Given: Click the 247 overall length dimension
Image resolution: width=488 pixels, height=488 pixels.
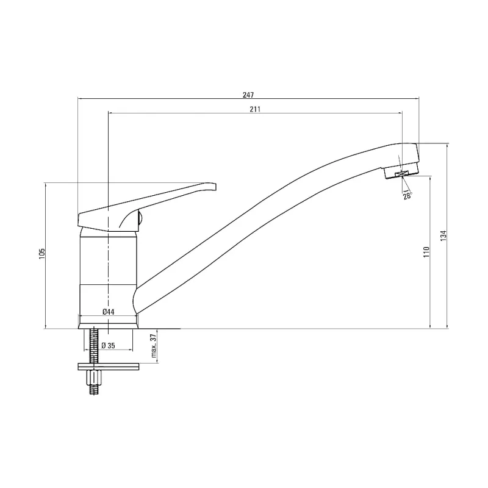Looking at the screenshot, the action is [x=248, y=95].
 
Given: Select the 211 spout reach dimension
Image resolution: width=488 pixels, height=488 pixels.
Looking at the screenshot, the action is [x=255, y=109].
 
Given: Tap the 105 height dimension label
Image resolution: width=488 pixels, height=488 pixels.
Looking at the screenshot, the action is [x=42, y=253].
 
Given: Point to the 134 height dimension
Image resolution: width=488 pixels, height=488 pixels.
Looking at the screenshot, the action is [x=443, y=235].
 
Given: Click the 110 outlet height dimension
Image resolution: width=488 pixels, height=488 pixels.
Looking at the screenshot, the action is [x=426, y=251].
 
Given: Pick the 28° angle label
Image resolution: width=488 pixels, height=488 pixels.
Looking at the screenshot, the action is [x=407, y=196].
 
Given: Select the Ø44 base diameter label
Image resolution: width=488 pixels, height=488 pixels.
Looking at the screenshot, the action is [x=109, y=312].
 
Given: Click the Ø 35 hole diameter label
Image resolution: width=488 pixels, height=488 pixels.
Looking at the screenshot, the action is [x=109, y=345].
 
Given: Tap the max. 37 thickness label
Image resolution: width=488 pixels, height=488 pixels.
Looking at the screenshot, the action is [x=153, y=345].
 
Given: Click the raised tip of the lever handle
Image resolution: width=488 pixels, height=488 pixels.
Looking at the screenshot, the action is [x=213, y=187].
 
